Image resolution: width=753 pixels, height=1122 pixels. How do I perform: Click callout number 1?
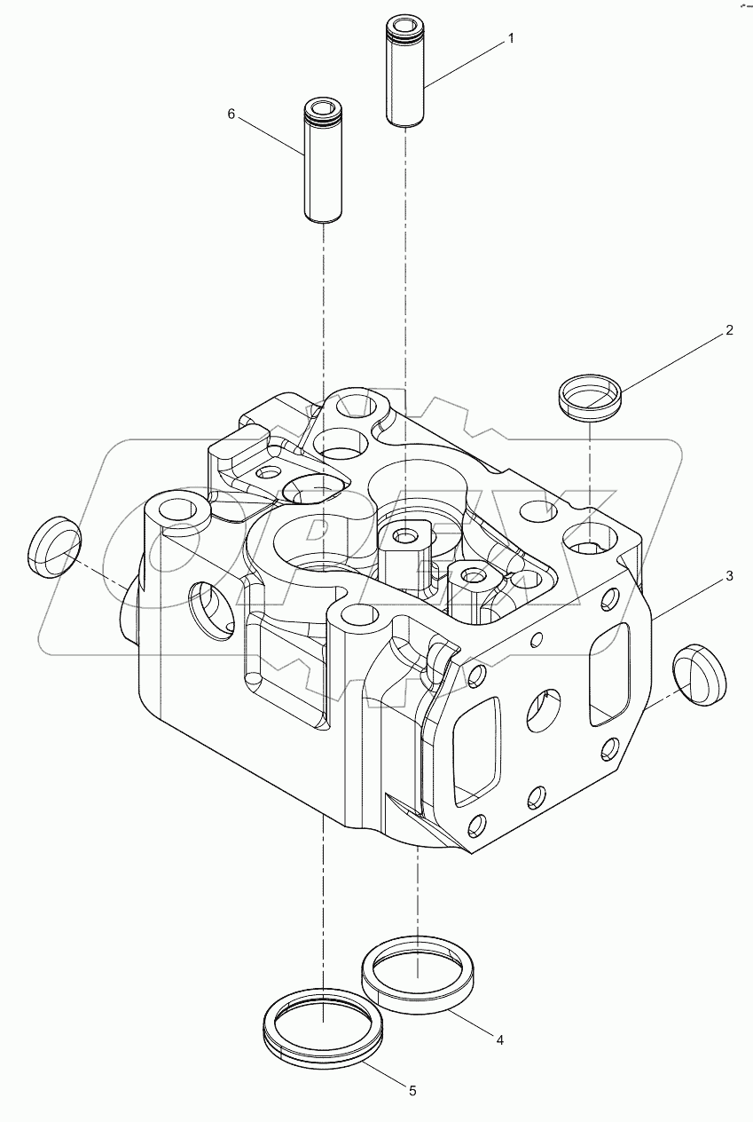click(x=510, y=38)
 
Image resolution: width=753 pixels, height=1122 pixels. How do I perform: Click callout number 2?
click(x=729, y=330)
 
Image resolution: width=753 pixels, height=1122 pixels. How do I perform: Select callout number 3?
click(x=729, y=576)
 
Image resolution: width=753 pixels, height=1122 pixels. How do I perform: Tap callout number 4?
click(x=500, y=1039)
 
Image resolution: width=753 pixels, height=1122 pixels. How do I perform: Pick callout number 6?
click(x=231, y=114)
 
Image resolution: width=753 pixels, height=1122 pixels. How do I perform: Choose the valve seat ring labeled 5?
click(x=324, y=1031)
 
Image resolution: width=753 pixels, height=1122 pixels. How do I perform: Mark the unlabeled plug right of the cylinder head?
click(x=699, y=676)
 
